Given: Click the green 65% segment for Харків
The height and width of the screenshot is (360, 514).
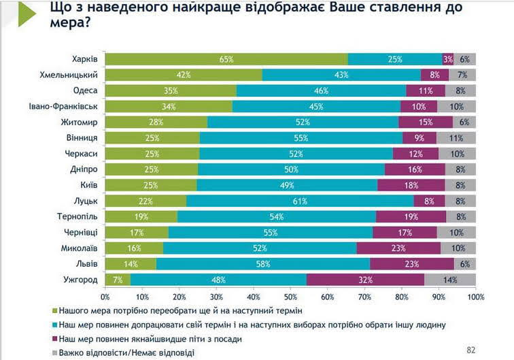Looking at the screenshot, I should (x=226, y=59).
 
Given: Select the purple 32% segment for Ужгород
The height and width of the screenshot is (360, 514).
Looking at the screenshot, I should (x=366, y=280).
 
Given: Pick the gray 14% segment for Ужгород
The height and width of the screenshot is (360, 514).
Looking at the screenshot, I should (x=450, y=280).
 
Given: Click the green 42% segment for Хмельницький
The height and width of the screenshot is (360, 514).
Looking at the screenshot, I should (x=184, y=75).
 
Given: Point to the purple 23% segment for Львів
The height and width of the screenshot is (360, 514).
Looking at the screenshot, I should (x=412, y=264).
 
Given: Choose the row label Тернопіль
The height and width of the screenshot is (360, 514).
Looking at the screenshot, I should (x=80, y=216).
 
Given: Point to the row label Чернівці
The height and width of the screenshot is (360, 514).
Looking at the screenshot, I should (x=82, y=232).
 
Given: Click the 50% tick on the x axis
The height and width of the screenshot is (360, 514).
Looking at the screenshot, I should (x=290, y=297).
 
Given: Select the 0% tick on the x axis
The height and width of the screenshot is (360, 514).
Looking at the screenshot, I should (x=105, y=297).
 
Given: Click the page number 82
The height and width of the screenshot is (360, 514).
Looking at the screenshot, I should (x=471, y=350).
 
